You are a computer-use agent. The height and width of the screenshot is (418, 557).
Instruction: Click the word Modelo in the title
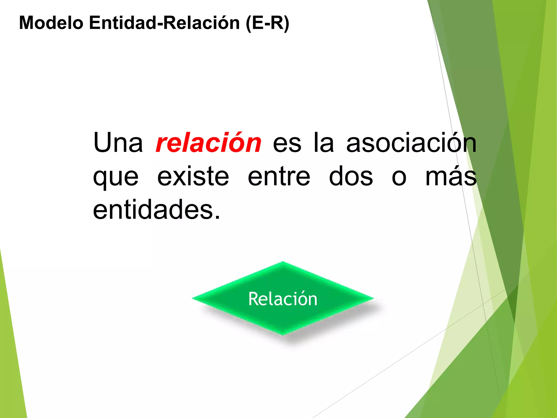[51, 23]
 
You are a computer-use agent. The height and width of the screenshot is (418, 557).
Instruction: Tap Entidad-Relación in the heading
[164, 23]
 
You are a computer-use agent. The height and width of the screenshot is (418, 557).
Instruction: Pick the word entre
[279, 177]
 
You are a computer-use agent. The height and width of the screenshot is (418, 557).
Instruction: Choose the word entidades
[156, 210]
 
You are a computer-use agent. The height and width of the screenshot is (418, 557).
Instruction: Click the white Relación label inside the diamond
[283, 299]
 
